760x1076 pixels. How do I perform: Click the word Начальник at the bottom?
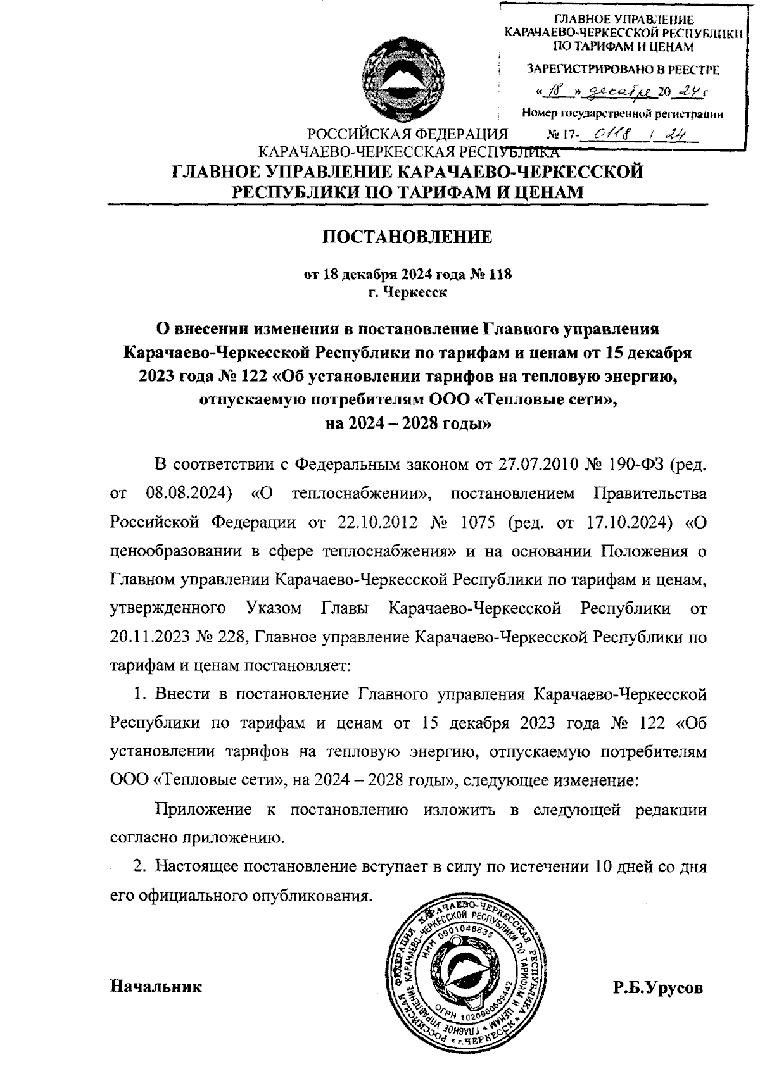156,986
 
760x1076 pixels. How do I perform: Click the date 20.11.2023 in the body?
149,637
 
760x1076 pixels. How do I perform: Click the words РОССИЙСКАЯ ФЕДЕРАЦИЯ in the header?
408,135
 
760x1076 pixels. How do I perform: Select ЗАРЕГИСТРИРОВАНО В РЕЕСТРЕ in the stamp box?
623,69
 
